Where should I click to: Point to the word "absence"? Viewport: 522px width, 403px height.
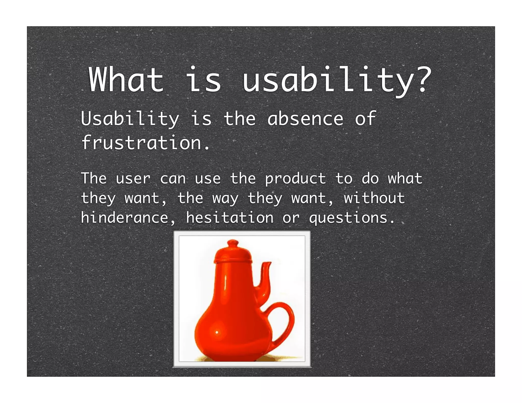305,119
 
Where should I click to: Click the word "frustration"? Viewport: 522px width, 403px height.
142,143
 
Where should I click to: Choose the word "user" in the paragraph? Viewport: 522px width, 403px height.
133,179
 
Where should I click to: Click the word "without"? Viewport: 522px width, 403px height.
374,198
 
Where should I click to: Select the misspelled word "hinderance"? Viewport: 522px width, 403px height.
124,218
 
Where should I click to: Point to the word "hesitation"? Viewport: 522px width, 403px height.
230,218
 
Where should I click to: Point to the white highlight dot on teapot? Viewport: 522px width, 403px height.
217,332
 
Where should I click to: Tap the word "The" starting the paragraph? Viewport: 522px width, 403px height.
94,178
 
